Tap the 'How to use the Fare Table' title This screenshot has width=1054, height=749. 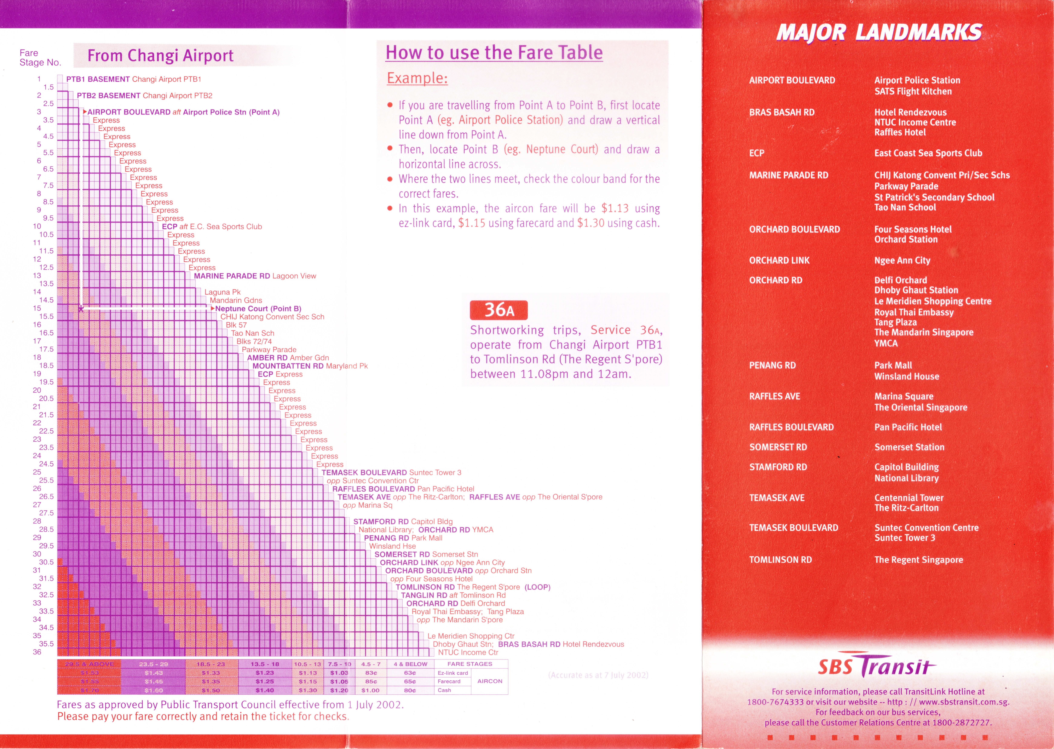click(x=494, y=53)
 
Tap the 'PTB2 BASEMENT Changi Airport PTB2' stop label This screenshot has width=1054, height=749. click(x=144, y=95)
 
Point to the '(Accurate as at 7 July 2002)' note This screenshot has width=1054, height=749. click(x=598, y=675)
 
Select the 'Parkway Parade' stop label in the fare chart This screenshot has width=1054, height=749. click(x=269, y=350)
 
